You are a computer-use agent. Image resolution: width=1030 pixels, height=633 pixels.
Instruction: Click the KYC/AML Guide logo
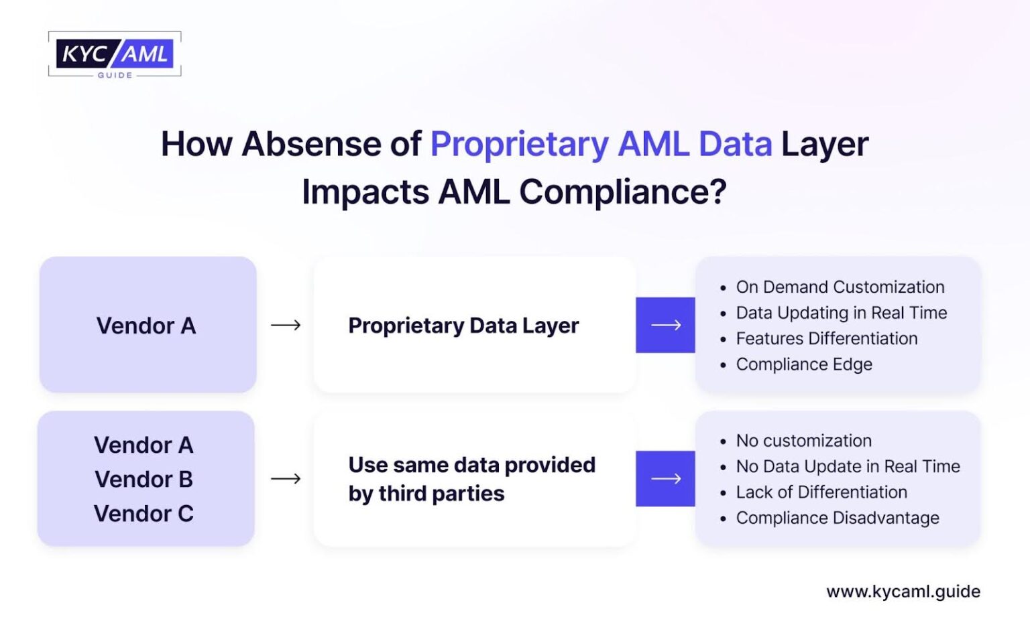[x=115, y=54]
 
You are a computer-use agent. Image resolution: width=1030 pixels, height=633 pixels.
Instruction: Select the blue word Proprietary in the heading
[x=519, y=144]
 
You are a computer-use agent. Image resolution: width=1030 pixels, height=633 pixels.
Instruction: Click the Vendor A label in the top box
[x=146, y=326]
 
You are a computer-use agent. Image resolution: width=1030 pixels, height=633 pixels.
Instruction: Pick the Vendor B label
[x=144, y=479]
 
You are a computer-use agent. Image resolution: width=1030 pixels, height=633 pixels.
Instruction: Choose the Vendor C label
[x=144, y=513]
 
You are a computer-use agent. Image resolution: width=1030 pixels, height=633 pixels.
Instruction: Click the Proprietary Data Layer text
[x=463, y=326]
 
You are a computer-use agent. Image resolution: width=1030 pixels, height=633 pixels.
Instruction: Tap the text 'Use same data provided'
[x=471, y=464]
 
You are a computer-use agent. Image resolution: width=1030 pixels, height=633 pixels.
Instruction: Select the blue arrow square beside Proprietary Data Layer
[x=665, y=325]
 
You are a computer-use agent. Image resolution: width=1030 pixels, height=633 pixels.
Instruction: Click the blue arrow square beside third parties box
[x=665, y=478]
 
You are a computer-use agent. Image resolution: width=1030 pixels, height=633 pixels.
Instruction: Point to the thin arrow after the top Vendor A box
[x=286, y=326]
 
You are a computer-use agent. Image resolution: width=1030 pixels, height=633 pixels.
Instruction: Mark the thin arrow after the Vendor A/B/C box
[x=286, y=478]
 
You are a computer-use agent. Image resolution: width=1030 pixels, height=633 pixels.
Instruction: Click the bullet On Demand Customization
[x=840, y=287]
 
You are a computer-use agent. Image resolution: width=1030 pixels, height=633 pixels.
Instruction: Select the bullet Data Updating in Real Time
[x=841, y=313]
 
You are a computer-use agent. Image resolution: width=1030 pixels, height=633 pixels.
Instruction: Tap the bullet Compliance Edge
[x=804, y=364]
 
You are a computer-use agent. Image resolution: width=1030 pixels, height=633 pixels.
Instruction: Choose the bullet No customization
[x=803, y=441]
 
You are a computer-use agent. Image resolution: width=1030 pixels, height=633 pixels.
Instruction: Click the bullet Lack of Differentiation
[x=821, y=492]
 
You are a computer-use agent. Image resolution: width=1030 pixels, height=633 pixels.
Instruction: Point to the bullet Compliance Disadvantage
[x=838, y=518]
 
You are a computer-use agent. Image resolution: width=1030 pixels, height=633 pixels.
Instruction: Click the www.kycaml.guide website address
[x=903, y=591]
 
